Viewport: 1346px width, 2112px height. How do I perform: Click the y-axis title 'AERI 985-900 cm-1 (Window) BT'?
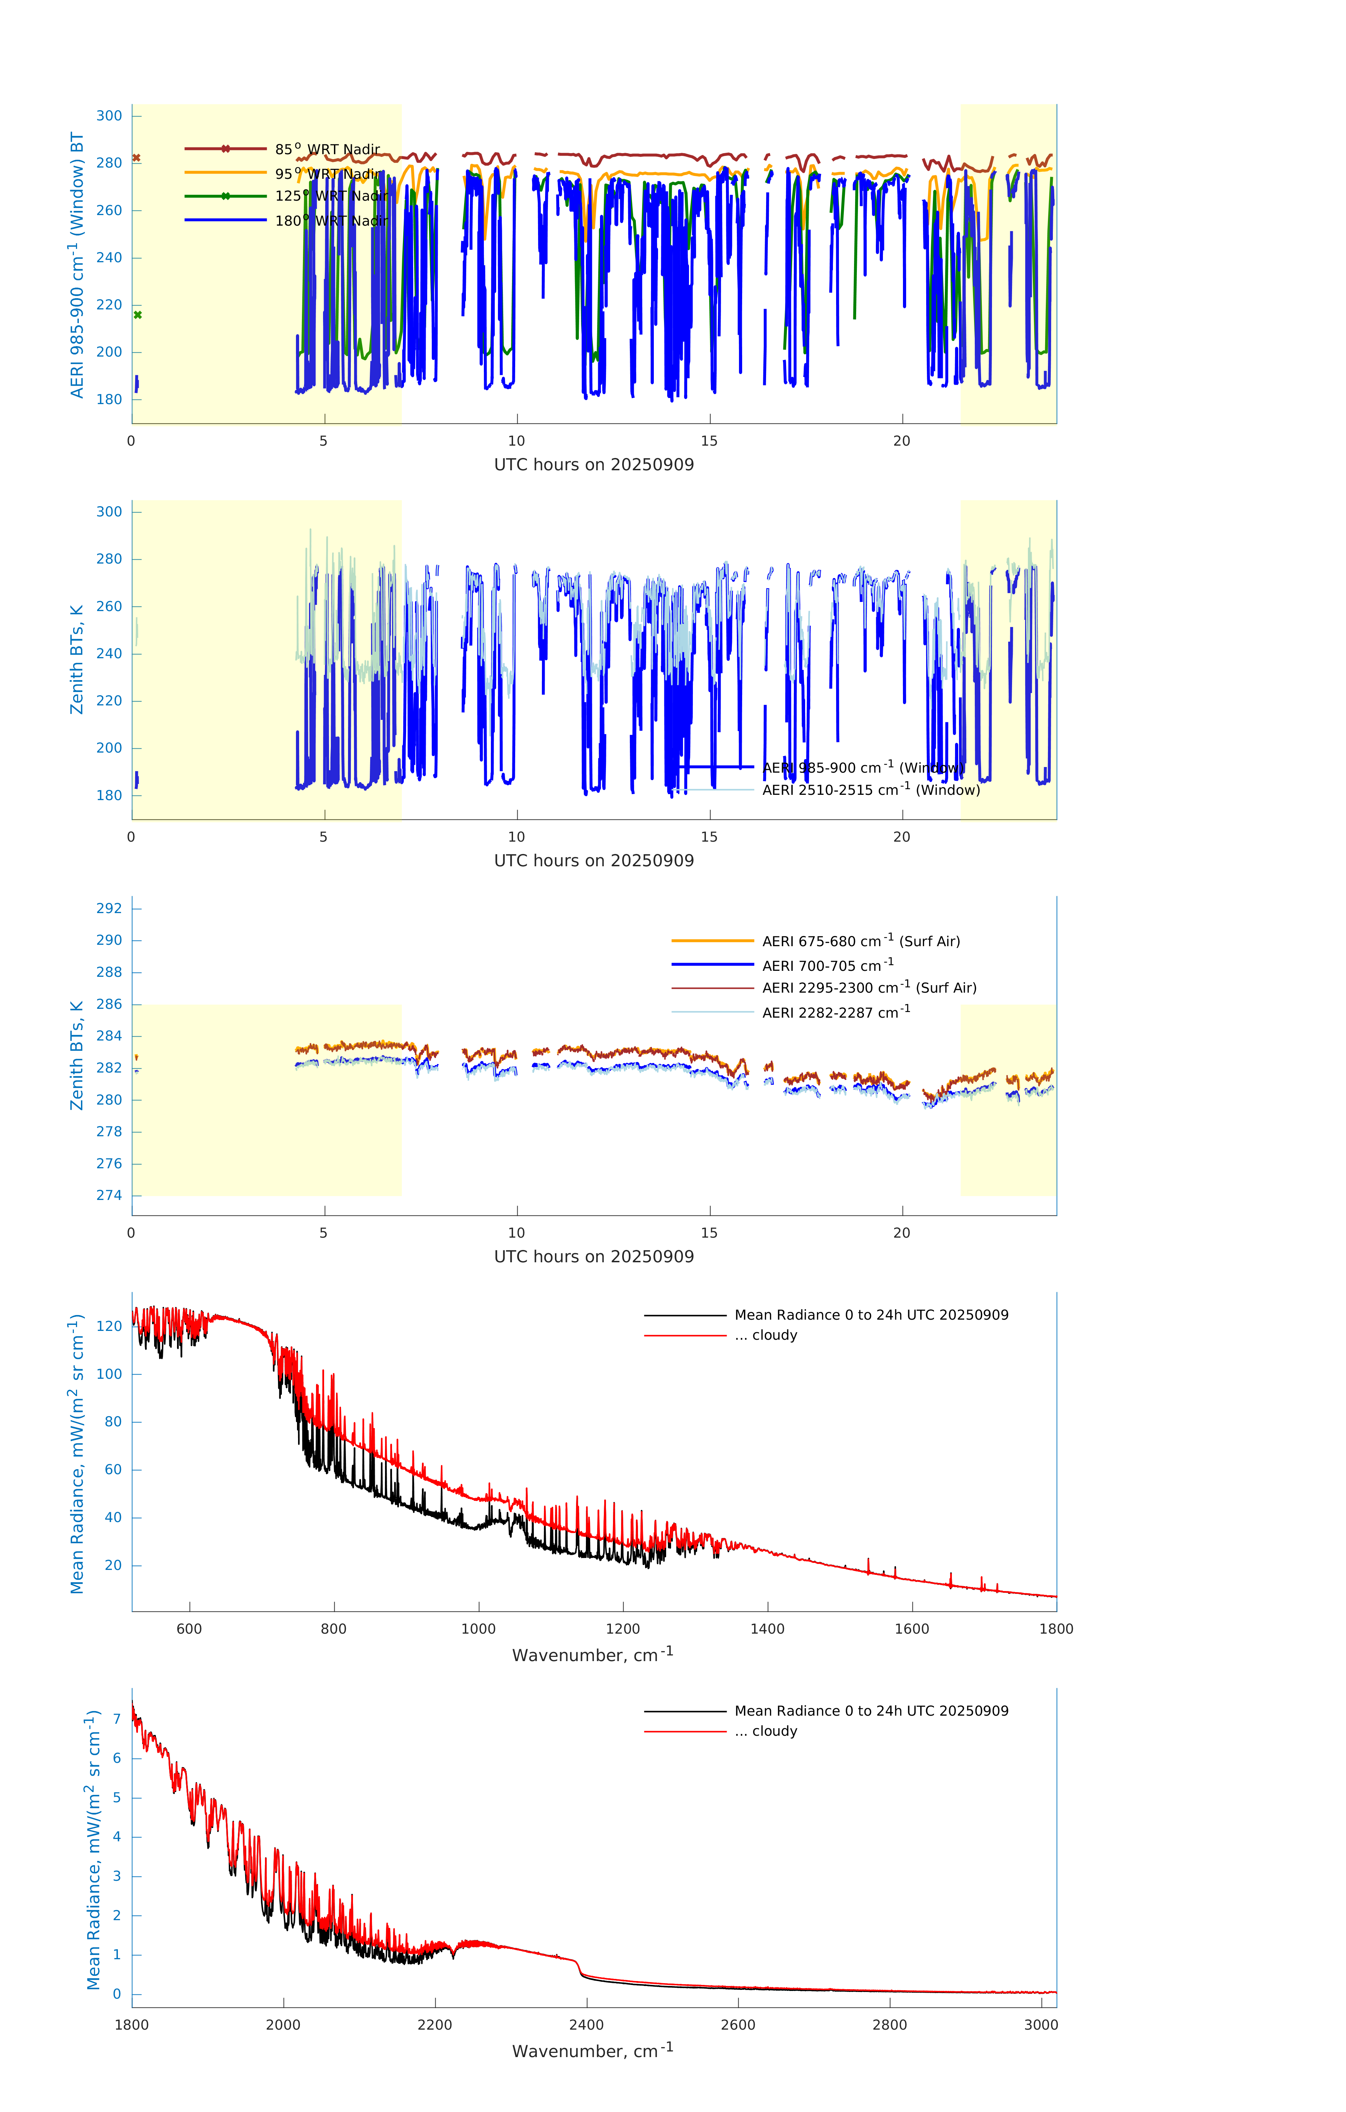pos(77,265)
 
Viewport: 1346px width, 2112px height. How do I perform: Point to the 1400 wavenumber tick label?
pos(767,1629)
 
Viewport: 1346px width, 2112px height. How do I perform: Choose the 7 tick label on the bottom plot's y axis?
pos(116,1719)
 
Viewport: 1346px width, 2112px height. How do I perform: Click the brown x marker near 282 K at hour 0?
pos(137,158)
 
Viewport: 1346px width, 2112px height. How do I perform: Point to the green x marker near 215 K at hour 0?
pos(138,315)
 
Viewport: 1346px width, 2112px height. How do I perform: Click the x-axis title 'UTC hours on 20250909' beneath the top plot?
pos(594,465)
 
